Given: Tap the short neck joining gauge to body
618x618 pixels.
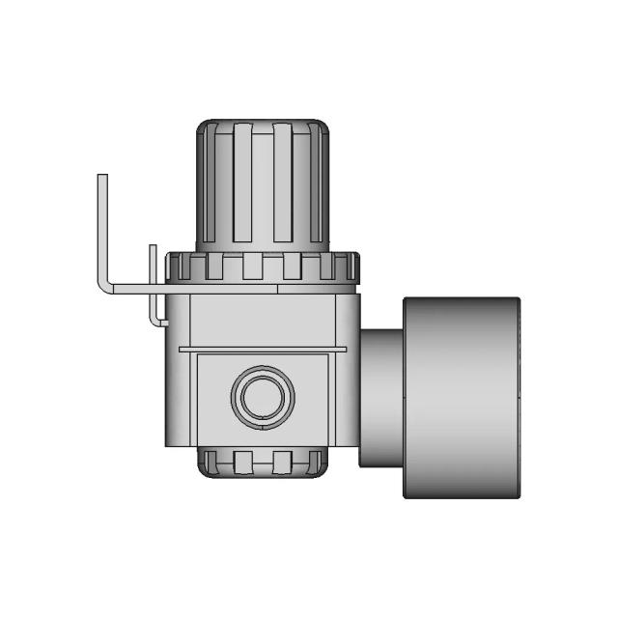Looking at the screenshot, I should pyautogui.click(x=381, y=396).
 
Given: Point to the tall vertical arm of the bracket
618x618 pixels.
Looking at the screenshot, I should pyautogui.click(x=102, y=227).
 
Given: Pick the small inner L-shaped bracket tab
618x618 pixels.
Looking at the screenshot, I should pyautogui.click(x=153, y=290).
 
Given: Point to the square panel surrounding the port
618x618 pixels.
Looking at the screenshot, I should pyautogui.click(x=208, y=396).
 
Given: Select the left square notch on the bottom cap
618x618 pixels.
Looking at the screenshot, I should pyautogui.click(x=241, y=461).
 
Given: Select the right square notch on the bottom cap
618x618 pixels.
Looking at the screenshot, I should pyautogui.click(x=283, y=461).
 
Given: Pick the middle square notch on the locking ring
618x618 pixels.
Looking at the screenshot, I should pyautogui.click(x=252, y=265).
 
